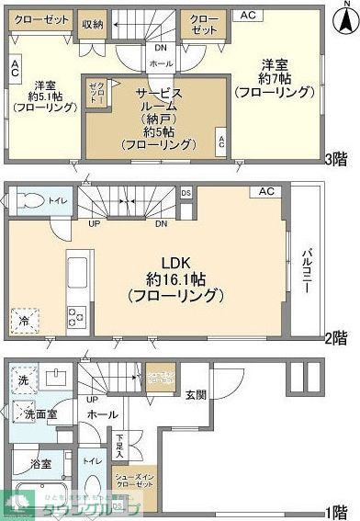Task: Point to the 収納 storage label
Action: click(x=92, y=25)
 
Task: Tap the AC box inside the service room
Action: click(x=220, y=142)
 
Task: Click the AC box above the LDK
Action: click(x=266, y=192)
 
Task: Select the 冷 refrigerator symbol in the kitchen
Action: click(x=22, y=321)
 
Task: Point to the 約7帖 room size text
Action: click(x=276, y=78)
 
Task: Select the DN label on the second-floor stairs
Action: click(x=162, y=223)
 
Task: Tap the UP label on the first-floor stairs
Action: click(x=91, y=399)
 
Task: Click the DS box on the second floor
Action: click(x=186, y=193)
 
